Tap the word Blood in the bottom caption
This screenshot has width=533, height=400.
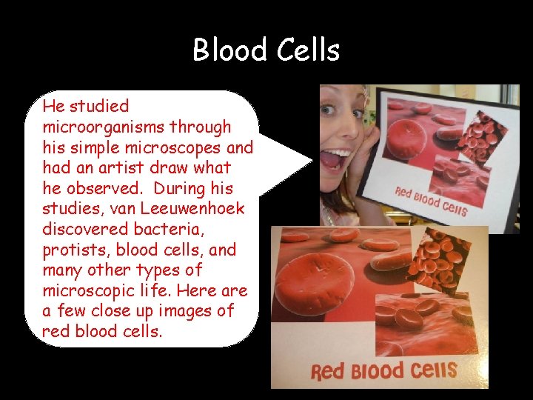(x=378, y=370)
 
